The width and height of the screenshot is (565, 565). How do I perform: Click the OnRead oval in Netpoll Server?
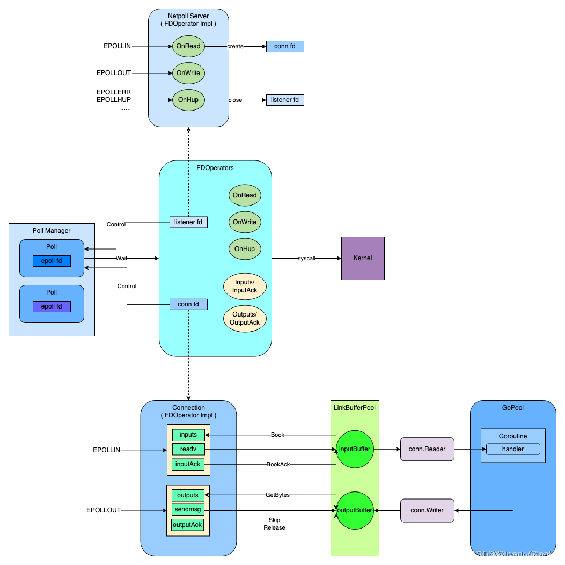coord(188,46)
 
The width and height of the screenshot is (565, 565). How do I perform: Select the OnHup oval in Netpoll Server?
coord(188,100)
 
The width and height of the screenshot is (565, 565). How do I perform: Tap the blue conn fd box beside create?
coord(285,46)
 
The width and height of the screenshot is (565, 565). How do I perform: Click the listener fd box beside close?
coord(285,100)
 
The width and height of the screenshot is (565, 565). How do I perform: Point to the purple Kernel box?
coord(363,258)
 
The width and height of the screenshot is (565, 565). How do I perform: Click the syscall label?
coord(306,258)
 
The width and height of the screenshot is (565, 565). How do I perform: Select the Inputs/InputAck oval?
coord(245,286)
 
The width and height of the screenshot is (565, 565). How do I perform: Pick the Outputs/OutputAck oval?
coord(245,318)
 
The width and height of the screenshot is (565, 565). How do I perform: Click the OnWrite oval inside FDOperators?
coord(245,222)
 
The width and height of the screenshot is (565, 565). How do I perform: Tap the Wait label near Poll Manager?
coord(122,258)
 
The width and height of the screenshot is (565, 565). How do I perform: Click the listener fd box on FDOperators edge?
coord(188,222)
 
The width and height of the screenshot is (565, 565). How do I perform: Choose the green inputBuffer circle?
coord(355,449)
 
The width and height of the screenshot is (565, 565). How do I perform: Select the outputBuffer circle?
coord(355,510)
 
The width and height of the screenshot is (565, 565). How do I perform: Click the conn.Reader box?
coord(427,449)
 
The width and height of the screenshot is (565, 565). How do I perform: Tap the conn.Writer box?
coord(427,510)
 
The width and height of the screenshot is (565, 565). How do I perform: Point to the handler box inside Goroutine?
coord(512,449)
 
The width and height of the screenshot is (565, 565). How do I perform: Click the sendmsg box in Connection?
coord(187,510)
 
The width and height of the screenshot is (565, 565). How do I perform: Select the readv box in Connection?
coord(188,449)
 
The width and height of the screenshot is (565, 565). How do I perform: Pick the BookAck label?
coord(278,464)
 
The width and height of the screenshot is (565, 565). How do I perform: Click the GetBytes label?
coord(277,495)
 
